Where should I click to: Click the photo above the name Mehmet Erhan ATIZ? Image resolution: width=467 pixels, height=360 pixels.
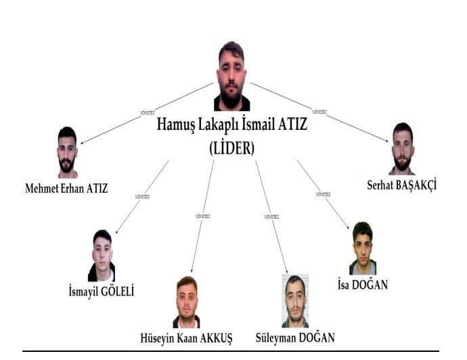point(67,152)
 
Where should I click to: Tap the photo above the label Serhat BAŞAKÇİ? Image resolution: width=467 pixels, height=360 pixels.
point(402,148)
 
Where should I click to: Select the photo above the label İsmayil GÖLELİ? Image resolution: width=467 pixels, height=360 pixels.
point(102,256)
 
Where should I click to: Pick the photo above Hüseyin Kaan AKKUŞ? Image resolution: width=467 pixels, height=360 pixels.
point(186,302)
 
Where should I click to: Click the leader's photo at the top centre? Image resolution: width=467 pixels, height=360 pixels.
point(231,76)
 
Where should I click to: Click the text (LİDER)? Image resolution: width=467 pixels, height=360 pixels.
point(231,149)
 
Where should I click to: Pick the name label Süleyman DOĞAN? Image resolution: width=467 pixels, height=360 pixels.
point(295,337)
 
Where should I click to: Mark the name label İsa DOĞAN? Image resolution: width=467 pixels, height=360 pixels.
point(362,285)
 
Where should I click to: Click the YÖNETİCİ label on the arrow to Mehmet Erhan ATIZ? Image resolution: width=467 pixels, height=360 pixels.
point(147,112)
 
